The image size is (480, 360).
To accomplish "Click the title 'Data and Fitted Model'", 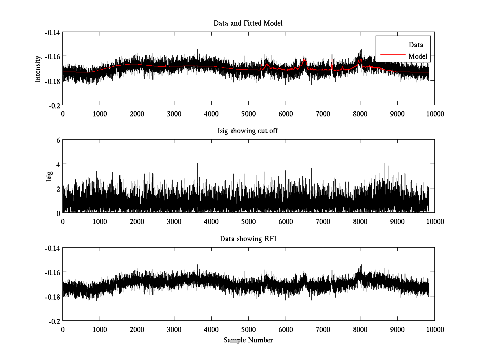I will click(248, 23).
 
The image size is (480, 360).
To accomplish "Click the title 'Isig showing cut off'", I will click(248, 131).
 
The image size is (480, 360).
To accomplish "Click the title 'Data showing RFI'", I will click(248, 239).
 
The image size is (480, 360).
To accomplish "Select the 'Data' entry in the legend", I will click(416, 45).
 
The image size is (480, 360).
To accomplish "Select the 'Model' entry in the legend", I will click(418, 56).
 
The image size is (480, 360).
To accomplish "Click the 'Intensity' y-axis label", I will click(38, 68).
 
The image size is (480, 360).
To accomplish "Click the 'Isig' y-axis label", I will click(49, 176).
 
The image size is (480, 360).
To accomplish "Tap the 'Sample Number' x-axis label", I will click(248, 340).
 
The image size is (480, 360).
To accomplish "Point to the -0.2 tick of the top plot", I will click(54, 105).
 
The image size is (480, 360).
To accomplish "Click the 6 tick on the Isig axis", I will click(58, 140).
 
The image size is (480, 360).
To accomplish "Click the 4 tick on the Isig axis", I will click(58, 164).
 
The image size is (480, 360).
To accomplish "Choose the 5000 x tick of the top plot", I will click(248, 113).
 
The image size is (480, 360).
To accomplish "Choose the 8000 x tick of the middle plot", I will click(360, 221).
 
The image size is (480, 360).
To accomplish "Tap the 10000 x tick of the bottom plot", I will click(434, 329).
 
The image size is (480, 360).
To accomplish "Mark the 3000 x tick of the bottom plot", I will click(174, 329).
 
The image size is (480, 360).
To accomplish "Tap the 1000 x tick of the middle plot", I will click(100, 221).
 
